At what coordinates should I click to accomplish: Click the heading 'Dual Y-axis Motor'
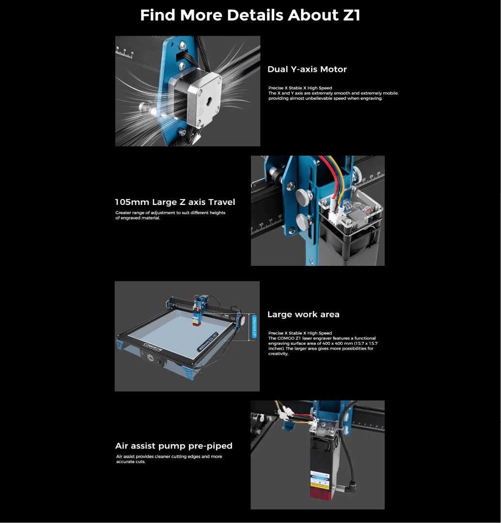pyautogui.click(x=307, y=69)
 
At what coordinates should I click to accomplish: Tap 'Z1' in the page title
pyautogui.click(x=348, y=15)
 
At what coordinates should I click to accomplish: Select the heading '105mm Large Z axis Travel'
pyautogui.click(x=175, y=202)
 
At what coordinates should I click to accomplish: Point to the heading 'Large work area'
pyautogui.click(x=303, y=314)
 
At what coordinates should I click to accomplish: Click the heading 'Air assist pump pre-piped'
pyautogui.click(x=173, y=446)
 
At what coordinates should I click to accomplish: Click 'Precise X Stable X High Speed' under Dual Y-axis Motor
pyautogui.click(x=300, y=88)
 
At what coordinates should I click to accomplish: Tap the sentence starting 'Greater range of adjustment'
pyautogui.click(x=170, y=213)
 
